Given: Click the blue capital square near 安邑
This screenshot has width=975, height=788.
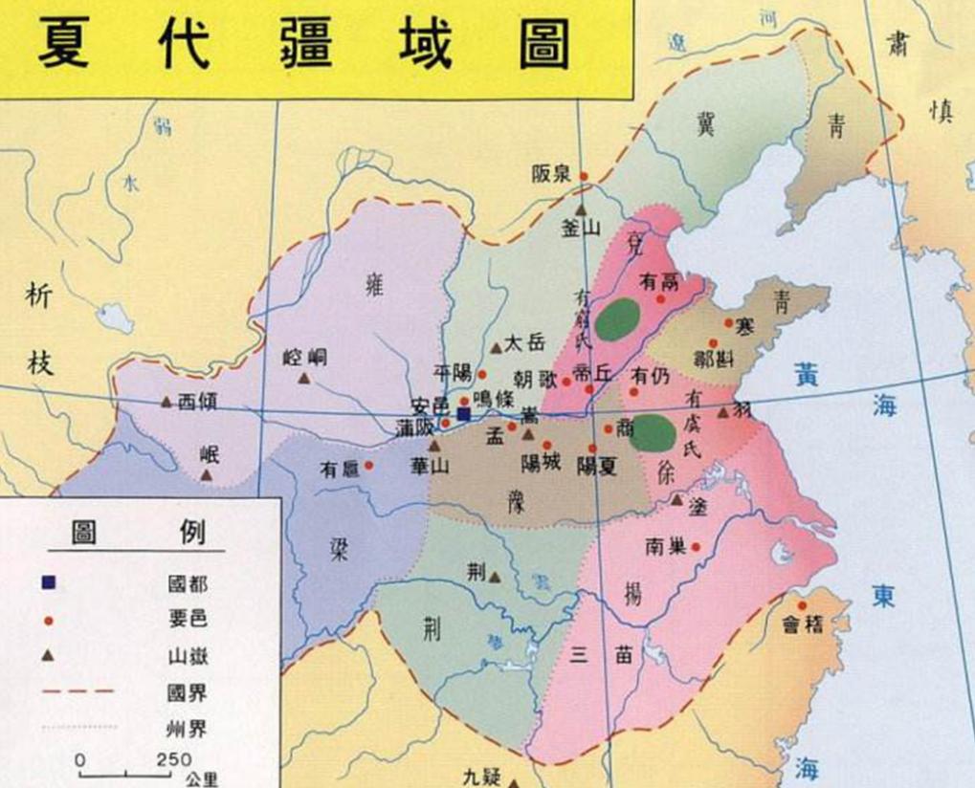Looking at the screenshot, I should click(464, 414).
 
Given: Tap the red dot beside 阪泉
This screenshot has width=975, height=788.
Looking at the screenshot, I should click(583, 176).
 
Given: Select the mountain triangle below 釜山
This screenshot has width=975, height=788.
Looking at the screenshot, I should click(580, 208).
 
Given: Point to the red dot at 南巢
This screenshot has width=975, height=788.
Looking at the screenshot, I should click(696, 547).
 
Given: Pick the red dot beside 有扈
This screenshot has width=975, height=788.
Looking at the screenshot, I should click(368, 466).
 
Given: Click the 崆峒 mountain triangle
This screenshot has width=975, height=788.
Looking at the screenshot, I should click(304, 379).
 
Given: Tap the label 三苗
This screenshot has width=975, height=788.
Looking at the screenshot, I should click(599, 656).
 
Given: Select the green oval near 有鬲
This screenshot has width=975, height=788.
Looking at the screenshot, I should click(620, 319).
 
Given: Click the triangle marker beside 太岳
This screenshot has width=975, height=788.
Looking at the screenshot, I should click(496, 348).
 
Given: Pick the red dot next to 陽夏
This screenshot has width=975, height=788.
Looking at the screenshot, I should click(593, 448).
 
